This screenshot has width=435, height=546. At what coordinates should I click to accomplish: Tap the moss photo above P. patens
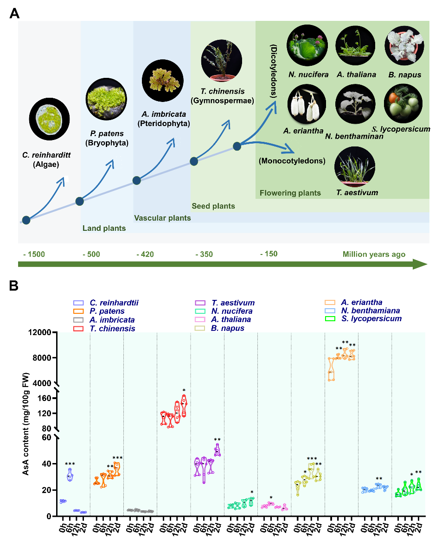click(106, 98)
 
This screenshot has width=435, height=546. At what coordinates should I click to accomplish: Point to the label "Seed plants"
click(213, 206)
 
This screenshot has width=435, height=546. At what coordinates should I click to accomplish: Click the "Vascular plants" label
click(162, 218)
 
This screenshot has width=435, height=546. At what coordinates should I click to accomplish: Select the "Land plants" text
click(104, 228)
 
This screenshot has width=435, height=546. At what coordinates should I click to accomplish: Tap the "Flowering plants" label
click(290, 193)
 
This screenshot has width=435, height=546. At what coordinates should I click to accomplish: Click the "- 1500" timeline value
click(34, 254)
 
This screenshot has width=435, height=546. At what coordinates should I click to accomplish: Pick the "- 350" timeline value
click(204, 254)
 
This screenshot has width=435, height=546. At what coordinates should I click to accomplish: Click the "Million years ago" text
click(374, 254)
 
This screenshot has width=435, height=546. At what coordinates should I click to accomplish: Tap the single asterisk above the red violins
click(184, 390)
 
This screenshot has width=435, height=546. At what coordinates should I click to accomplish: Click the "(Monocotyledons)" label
click(292, 161)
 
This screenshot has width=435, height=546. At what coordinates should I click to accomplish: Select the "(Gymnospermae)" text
click(222, 101)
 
